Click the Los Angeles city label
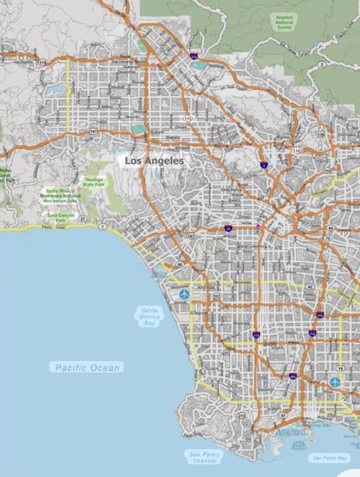point(154,160)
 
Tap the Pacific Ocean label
point(89,368)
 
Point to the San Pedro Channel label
point(205,457)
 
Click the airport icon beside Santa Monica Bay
point(185,295)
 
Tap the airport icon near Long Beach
point(335,382)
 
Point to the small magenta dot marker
point(258,226)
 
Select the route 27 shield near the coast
point(83,219)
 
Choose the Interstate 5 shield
point(264,165)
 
